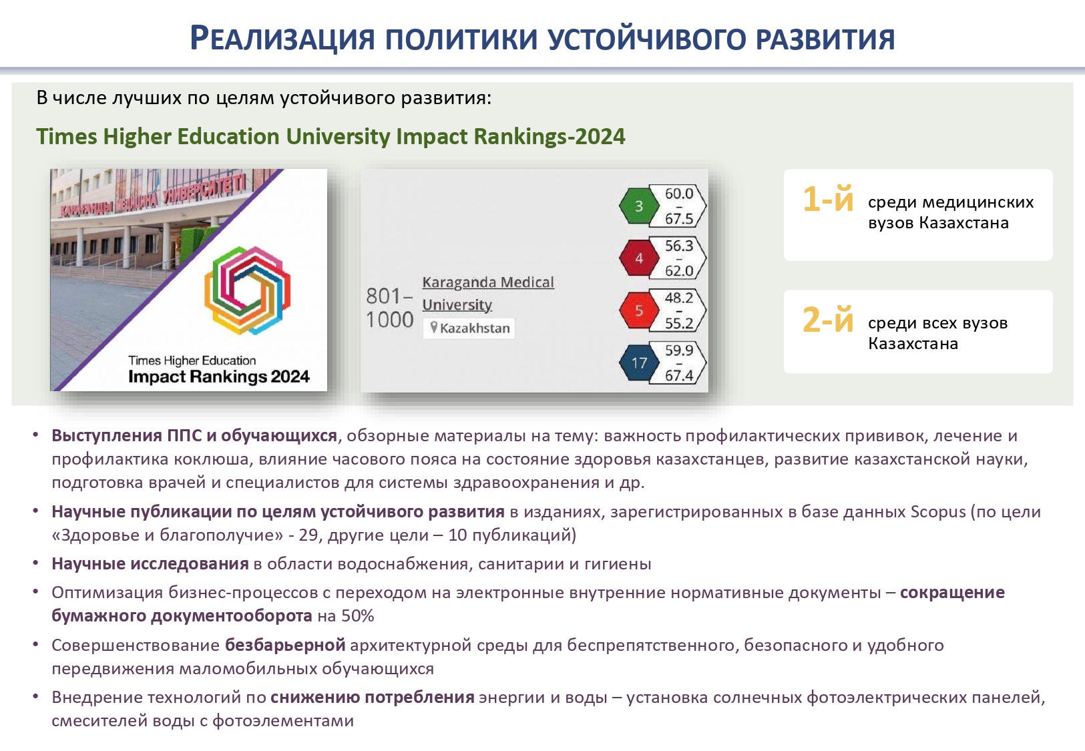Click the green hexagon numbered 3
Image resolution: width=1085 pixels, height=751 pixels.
[x=639, y=206]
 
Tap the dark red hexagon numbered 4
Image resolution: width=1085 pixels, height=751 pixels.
[x=639, y=258]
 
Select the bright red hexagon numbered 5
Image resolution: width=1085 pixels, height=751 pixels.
[x=639, y=310]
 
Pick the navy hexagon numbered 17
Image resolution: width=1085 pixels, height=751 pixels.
[x=639, y=362]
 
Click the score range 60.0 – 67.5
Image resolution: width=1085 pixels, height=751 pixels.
[x=678, y=206]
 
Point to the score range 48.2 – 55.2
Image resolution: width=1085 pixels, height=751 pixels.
[x=678, y=310]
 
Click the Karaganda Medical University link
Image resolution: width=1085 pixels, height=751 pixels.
[x=488, y=294]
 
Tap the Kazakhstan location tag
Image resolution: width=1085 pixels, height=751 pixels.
[x=469, y=328]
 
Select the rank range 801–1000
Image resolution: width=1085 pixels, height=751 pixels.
[x=389, y=308]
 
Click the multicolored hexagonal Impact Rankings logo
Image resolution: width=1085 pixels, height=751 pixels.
[x=247, y=290]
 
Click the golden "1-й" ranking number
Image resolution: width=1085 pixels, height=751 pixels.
[x=827, y=199]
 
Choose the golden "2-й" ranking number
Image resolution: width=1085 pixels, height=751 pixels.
[x=827, y=320]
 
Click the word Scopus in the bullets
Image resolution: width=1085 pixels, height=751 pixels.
[x=938, y=512]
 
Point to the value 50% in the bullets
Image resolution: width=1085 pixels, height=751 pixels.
[x=357, y=616]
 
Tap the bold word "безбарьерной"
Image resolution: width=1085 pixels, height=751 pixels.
[x=285, y=646]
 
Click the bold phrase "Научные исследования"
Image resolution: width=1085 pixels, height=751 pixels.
[x=150, y=564]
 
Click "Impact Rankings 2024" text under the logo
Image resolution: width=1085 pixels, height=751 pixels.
[x=219, y=377]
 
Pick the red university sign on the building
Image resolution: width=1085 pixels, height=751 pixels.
[x=153, y=196]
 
